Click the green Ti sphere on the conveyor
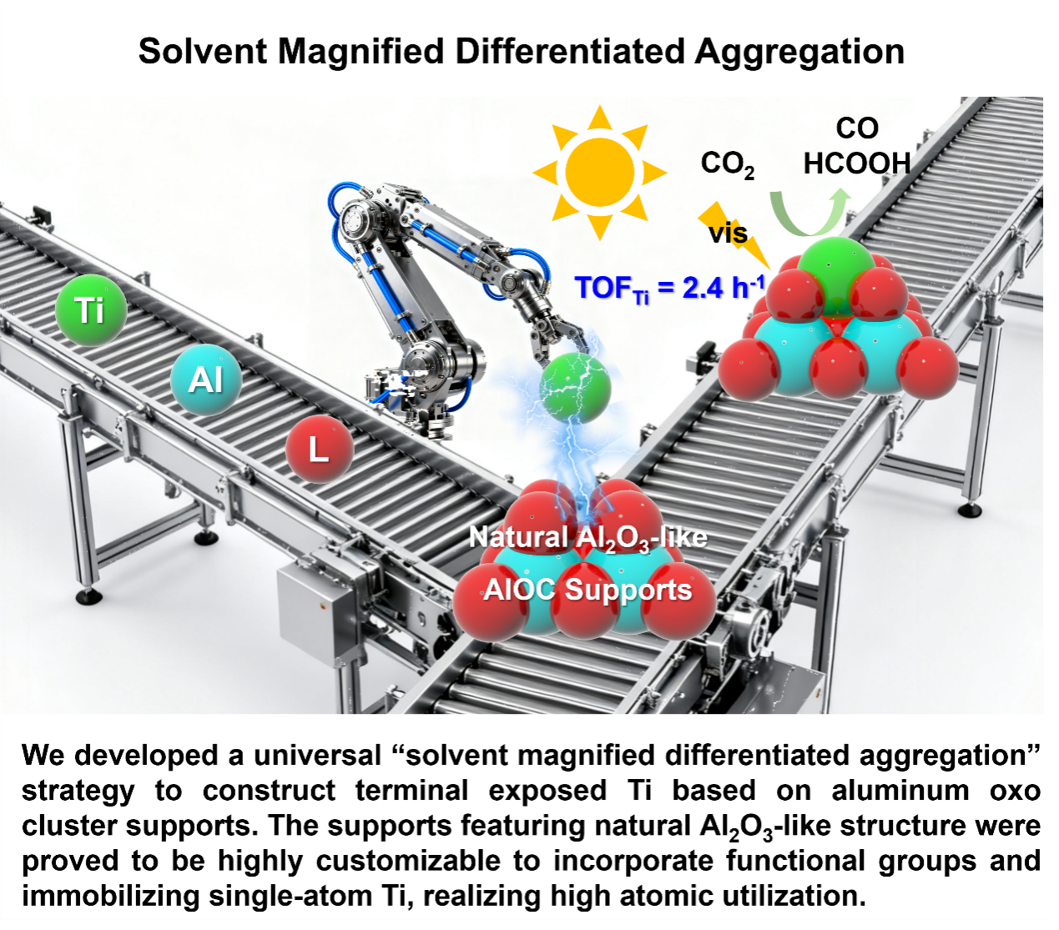pos(91,309)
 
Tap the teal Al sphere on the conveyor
pos(206,380)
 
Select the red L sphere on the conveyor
pos(320,449)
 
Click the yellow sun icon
pos(599,172)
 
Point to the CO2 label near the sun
pos(727,164)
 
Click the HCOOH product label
pos(857,163)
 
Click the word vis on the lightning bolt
pos(728,233)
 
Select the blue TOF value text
pos(669,289)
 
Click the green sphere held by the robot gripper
pos(575,388)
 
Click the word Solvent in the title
pos(203,51)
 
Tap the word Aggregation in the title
pos(799,53)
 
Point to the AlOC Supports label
pos(587,590)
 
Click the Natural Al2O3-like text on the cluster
pos(588,538)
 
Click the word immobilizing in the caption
pos(111,897)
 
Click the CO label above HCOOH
pos(857,128)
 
